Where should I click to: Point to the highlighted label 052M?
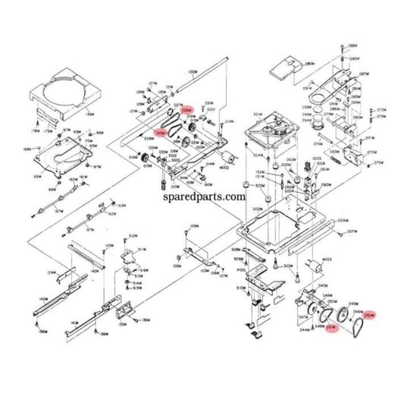coord(371,315)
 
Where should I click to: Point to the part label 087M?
coord(364,74)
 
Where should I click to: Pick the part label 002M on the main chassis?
coord(257,208)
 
